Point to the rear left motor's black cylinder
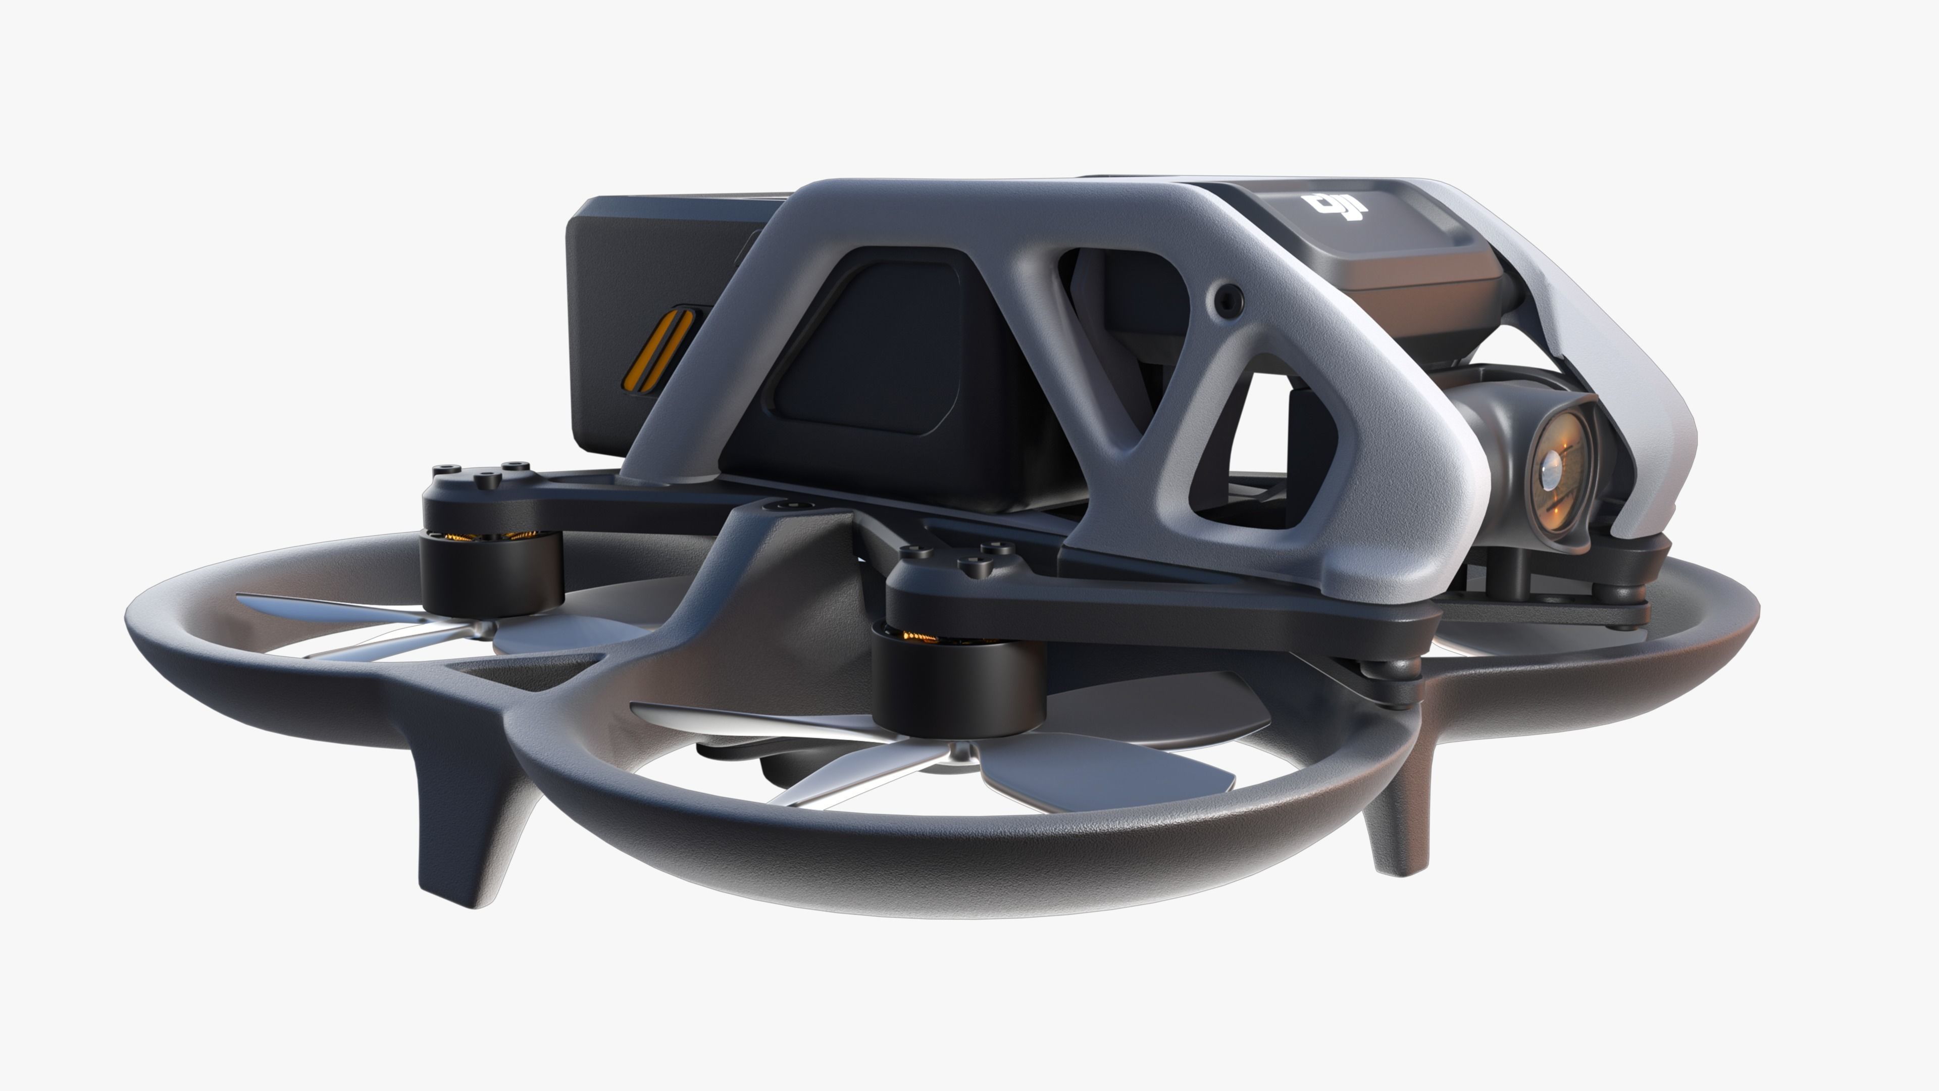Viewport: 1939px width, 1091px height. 491,572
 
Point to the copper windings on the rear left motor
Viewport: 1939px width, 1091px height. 482,536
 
